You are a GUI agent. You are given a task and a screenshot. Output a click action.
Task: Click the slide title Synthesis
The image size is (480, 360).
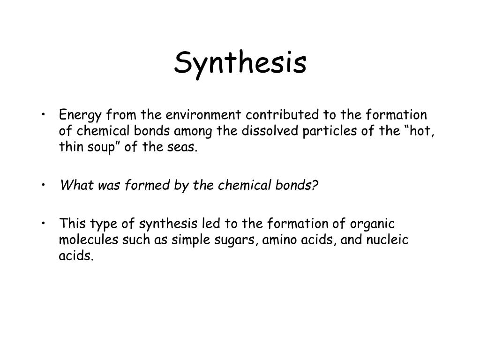pos(240,63)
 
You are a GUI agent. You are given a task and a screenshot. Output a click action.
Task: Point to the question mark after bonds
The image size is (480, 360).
pos(315,185)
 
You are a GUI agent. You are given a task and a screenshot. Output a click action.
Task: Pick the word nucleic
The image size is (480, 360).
pos(387,240)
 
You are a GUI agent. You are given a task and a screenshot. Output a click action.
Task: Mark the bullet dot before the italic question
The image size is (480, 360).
pos(44,185)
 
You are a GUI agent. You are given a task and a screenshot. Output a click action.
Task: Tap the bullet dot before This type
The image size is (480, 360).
pos(44,224)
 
